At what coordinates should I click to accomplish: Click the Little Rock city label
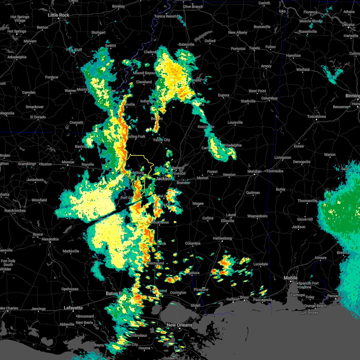[x=58, y=15]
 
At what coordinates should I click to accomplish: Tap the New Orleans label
[x=179, y=325]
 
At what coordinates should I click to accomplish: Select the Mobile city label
[x=291, y=278]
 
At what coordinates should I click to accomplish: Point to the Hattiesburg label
[x=222, y=238]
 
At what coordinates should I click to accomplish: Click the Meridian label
[x=254, y=171]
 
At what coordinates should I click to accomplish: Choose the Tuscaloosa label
[x=316, y=116]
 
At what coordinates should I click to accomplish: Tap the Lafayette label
[x=73, y=308]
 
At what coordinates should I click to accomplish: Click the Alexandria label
[x=50, y=239]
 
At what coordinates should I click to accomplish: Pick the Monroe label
[x=68, y=162]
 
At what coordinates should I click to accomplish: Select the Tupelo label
[x=254, y=48]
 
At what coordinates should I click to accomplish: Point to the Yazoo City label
[x=161, y=140]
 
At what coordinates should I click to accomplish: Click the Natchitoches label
[x=15, y=211]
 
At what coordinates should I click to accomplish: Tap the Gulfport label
[x=233, y=299]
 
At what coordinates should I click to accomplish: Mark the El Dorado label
[x=38, y=117]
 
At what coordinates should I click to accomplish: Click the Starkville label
[x=248, y=101]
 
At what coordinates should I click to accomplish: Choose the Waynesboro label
[x=257, y=216]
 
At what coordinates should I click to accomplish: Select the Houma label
[x=144, y=348]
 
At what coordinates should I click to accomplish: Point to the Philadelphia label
[x=232, y=145]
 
